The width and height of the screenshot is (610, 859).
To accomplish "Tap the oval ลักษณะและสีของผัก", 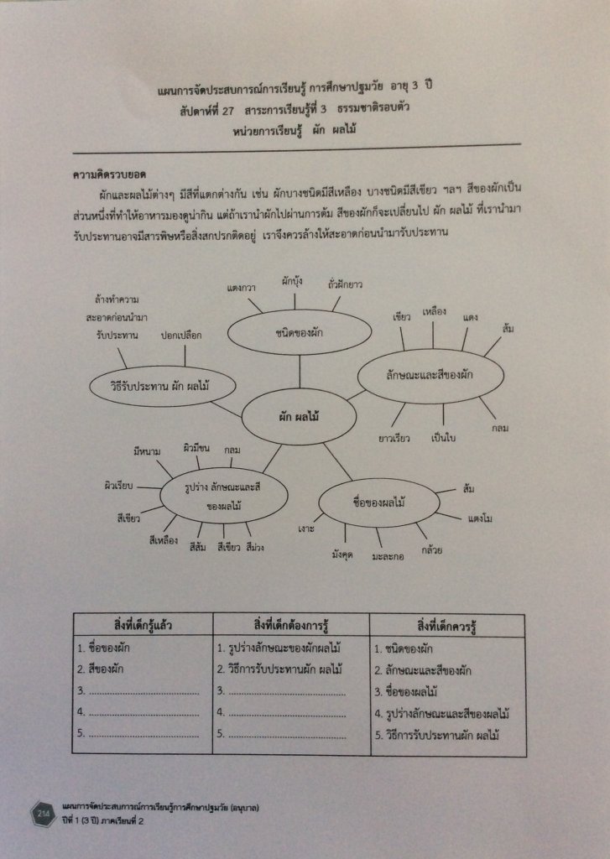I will [430, 375].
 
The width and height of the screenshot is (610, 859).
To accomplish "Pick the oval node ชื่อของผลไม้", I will [379, 503].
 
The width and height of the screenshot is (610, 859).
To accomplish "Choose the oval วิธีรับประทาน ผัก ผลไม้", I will [162, 387].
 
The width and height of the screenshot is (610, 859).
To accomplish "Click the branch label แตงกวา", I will [242, 289].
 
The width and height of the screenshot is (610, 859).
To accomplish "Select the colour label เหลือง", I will [435, 311].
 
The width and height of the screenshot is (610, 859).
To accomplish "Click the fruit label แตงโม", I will [479, 518].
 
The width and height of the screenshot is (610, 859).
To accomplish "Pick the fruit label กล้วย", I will [433, 550].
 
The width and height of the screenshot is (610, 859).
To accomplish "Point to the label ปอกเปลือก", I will [182, 335].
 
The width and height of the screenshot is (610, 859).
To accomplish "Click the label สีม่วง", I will [255, 548].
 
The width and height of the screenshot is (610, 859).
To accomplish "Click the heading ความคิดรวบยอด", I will [110, 175].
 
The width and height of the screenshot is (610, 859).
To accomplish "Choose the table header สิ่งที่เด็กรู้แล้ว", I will [142, 626].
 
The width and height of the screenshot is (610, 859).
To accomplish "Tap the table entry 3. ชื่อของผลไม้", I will [407, 692].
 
